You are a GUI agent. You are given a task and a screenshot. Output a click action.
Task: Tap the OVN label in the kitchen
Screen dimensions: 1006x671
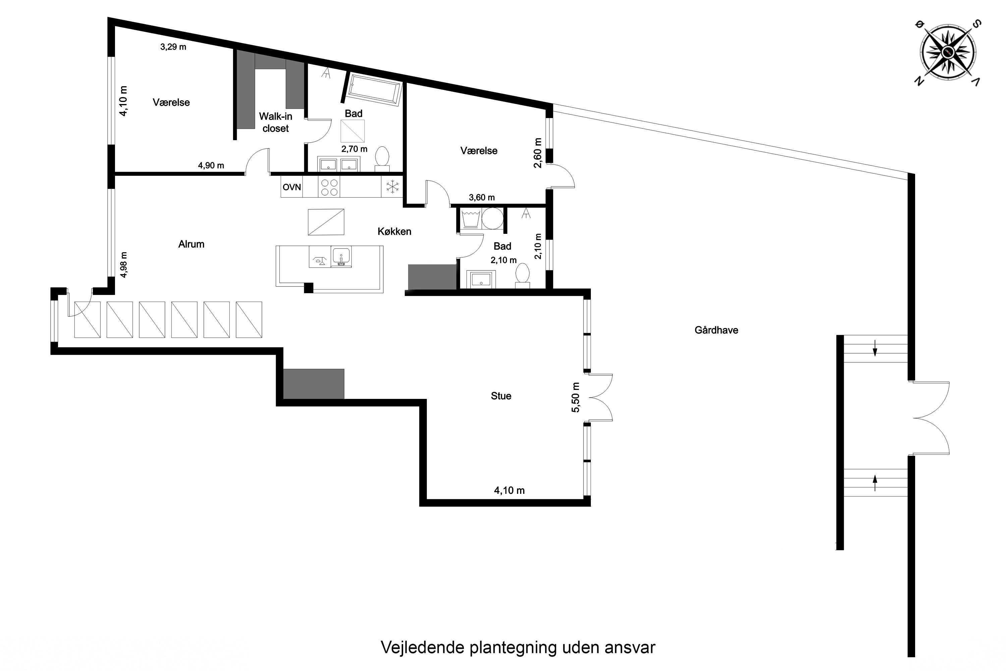point(292,187)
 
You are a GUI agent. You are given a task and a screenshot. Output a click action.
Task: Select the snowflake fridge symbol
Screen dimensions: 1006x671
point(392,187)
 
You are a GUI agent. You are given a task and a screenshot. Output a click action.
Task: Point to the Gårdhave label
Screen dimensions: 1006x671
point(716,330)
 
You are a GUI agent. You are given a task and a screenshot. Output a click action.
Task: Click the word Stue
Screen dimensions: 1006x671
point(501,396)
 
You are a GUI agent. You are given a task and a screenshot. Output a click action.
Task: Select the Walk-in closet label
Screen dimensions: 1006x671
point(275,122)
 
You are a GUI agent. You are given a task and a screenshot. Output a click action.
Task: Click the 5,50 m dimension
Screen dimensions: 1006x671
point(576,398)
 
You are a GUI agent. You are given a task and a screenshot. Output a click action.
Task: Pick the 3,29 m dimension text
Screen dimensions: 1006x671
point(173,47)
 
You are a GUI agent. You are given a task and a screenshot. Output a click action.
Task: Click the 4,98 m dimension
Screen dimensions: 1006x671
point(124,264)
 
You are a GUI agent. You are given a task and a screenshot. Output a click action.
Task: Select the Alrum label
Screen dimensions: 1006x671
point(191,244)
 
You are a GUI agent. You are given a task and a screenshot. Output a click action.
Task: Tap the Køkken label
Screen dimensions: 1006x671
point(394,231)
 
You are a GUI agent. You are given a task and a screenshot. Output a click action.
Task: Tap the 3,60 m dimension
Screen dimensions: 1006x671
point(482,197)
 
